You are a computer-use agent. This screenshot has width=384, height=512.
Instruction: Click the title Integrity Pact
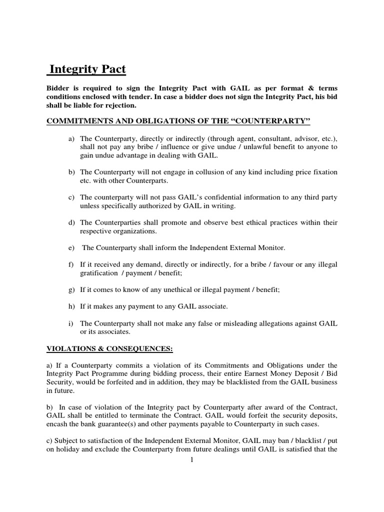click(x=86, y=69)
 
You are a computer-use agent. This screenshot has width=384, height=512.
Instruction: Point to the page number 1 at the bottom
click(x=191, y=460)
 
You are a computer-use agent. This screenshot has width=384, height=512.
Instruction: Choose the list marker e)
click(x=72, y=247)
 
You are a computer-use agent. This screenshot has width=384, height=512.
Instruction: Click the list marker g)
click(x=72, y=289)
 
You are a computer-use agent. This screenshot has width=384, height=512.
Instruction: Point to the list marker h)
click(x=72, y=306)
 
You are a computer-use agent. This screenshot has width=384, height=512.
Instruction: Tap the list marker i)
click(x=71, y=323)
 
